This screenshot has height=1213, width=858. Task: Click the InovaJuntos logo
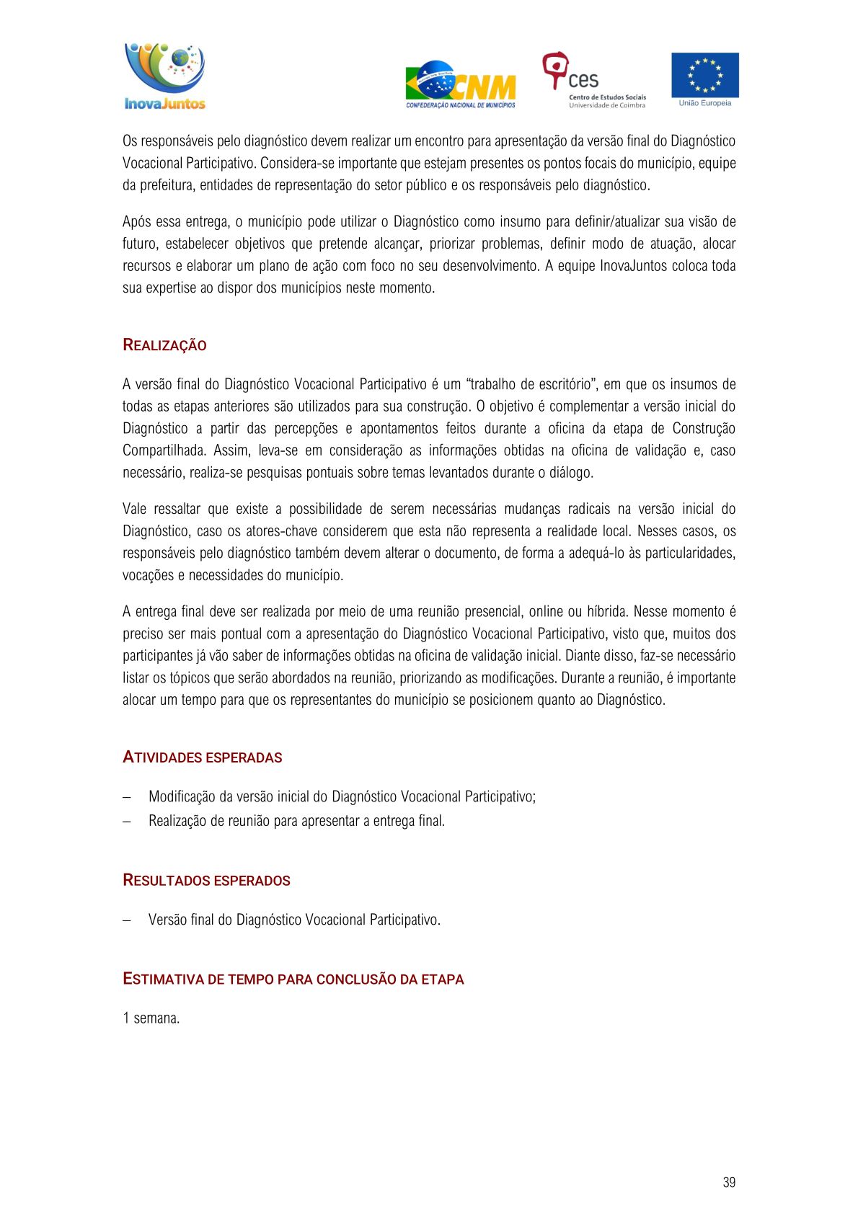165,76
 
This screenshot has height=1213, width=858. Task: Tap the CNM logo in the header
461,84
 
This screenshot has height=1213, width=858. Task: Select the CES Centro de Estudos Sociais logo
593,80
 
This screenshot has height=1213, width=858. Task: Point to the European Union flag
704,75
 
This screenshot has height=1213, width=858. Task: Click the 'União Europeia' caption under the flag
704,103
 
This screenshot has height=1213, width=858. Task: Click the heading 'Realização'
164,345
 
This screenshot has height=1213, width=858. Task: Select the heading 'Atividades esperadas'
202,757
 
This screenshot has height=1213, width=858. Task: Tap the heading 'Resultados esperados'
206,881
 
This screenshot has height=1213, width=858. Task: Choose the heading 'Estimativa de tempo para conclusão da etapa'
293,979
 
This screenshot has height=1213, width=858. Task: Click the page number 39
728,1182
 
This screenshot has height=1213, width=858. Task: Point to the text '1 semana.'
151,1018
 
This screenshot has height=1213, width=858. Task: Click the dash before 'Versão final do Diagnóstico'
127,920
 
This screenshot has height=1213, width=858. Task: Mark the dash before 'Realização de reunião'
127,822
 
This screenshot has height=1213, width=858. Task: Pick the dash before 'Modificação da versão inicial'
127,797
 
